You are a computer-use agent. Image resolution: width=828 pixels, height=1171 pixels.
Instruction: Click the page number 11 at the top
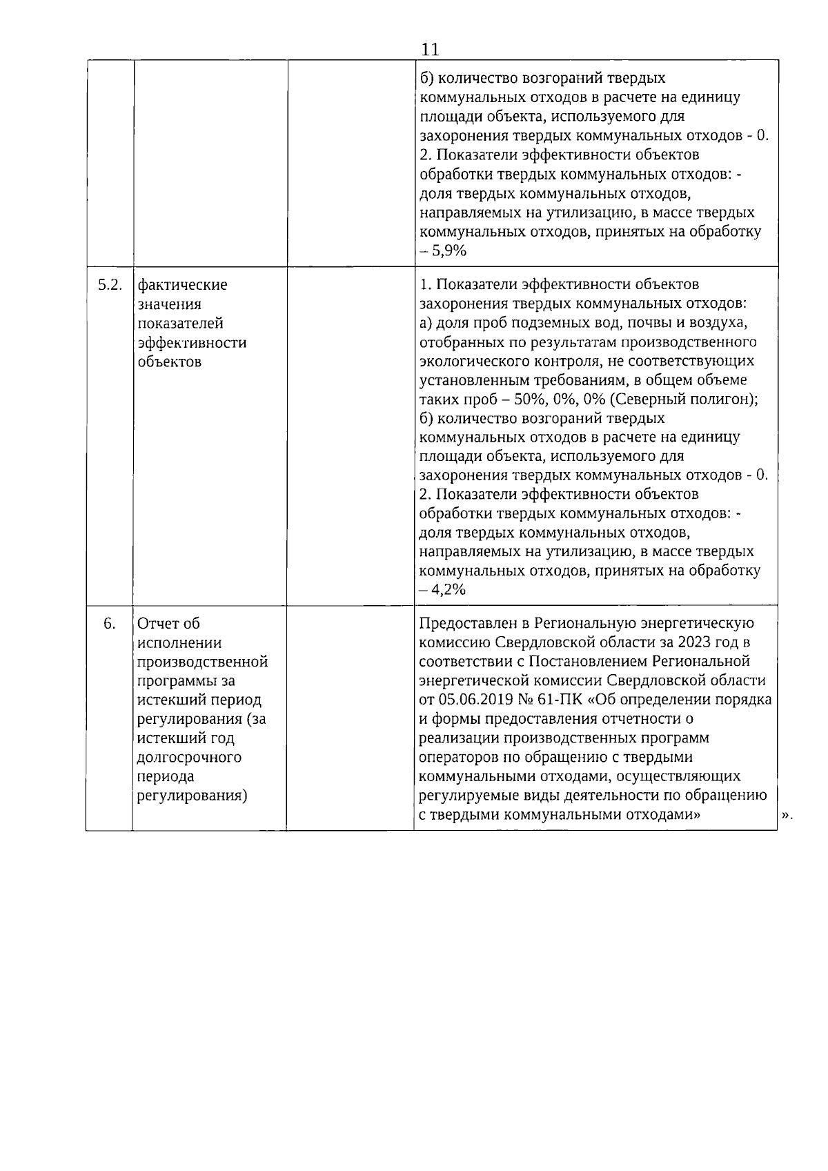[429, 50]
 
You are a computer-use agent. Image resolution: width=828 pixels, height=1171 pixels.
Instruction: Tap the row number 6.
[109, 623]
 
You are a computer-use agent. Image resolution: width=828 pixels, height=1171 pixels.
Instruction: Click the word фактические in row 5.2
[182, 284]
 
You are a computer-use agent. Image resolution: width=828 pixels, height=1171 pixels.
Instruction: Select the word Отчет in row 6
[159, 623]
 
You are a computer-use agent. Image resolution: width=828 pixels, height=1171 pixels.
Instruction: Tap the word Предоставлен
[468, 623]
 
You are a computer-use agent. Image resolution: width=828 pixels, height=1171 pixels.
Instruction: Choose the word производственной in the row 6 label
[203, 662]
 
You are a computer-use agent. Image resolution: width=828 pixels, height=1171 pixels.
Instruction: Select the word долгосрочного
[190, 757]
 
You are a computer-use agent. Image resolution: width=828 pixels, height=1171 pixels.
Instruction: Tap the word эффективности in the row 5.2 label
[192, 342]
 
